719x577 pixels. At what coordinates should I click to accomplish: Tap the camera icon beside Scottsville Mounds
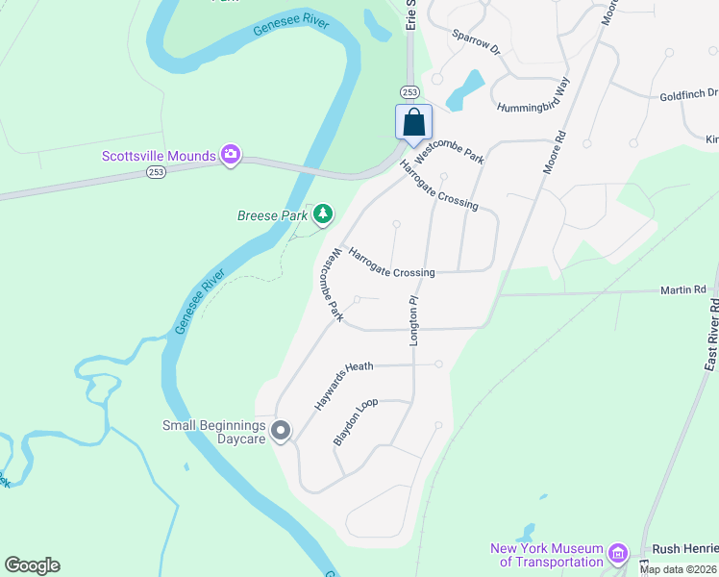point(230,155)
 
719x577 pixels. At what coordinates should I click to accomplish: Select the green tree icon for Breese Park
point(324,214)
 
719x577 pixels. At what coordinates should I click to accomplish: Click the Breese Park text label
point(272,216)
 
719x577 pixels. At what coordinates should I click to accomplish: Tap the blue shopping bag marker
point(414,123)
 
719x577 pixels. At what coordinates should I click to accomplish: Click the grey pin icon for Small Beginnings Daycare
point(281,431)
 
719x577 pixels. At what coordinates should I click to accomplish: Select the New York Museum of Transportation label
point(546,555)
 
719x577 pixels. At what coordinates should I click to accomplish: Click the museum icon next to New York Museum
point(618,553)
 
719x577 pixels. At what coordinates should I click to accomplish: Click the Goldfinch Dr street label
point(688,94)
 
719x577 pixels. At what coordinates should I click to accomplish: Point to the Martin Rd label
point(682,288)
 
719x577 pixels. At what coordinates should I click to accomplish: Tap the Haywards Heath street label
point(343,383)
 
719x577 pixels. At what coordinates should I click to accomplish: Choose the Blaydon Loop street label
point(356,421)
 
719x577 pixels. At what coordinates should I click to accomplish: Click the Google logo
point(32,565)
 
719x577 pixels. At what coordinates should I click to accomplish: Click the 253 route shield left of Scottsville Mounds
point(155,171)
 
